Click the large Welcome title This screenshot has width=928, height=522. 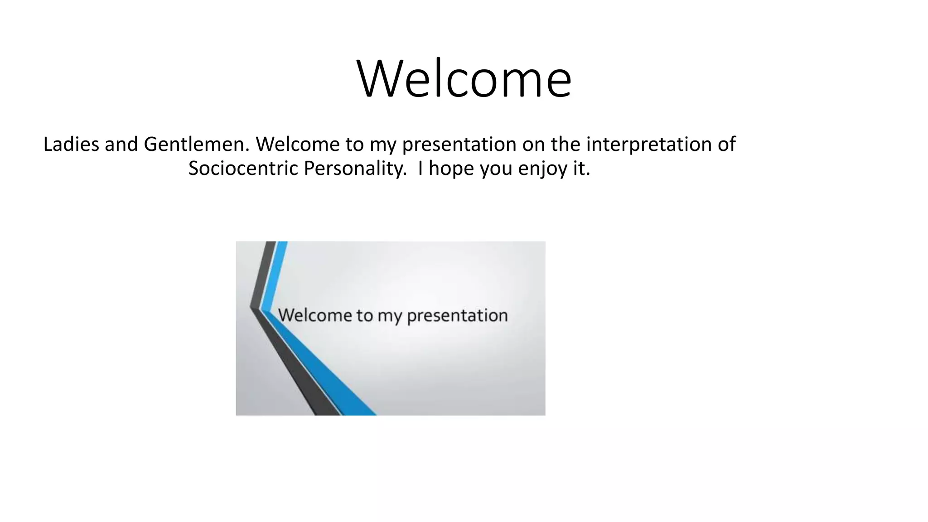pyautogui.click(x=464, y=79)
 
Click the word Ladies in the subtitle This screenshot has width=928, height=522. pyautogui.click(x=71, y=145)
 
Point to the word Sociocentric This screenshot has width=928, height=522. pyautogui.click(x=243, y=169)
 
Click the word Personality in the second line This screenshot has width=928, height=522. pyautogui.click(x=355, y=169)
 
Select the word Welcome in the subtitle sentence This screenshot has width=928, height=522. pyautogui.click(x=297, y=145)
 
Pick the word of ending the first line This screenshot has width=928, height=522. pyautogui.click(x=726, y=145)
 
